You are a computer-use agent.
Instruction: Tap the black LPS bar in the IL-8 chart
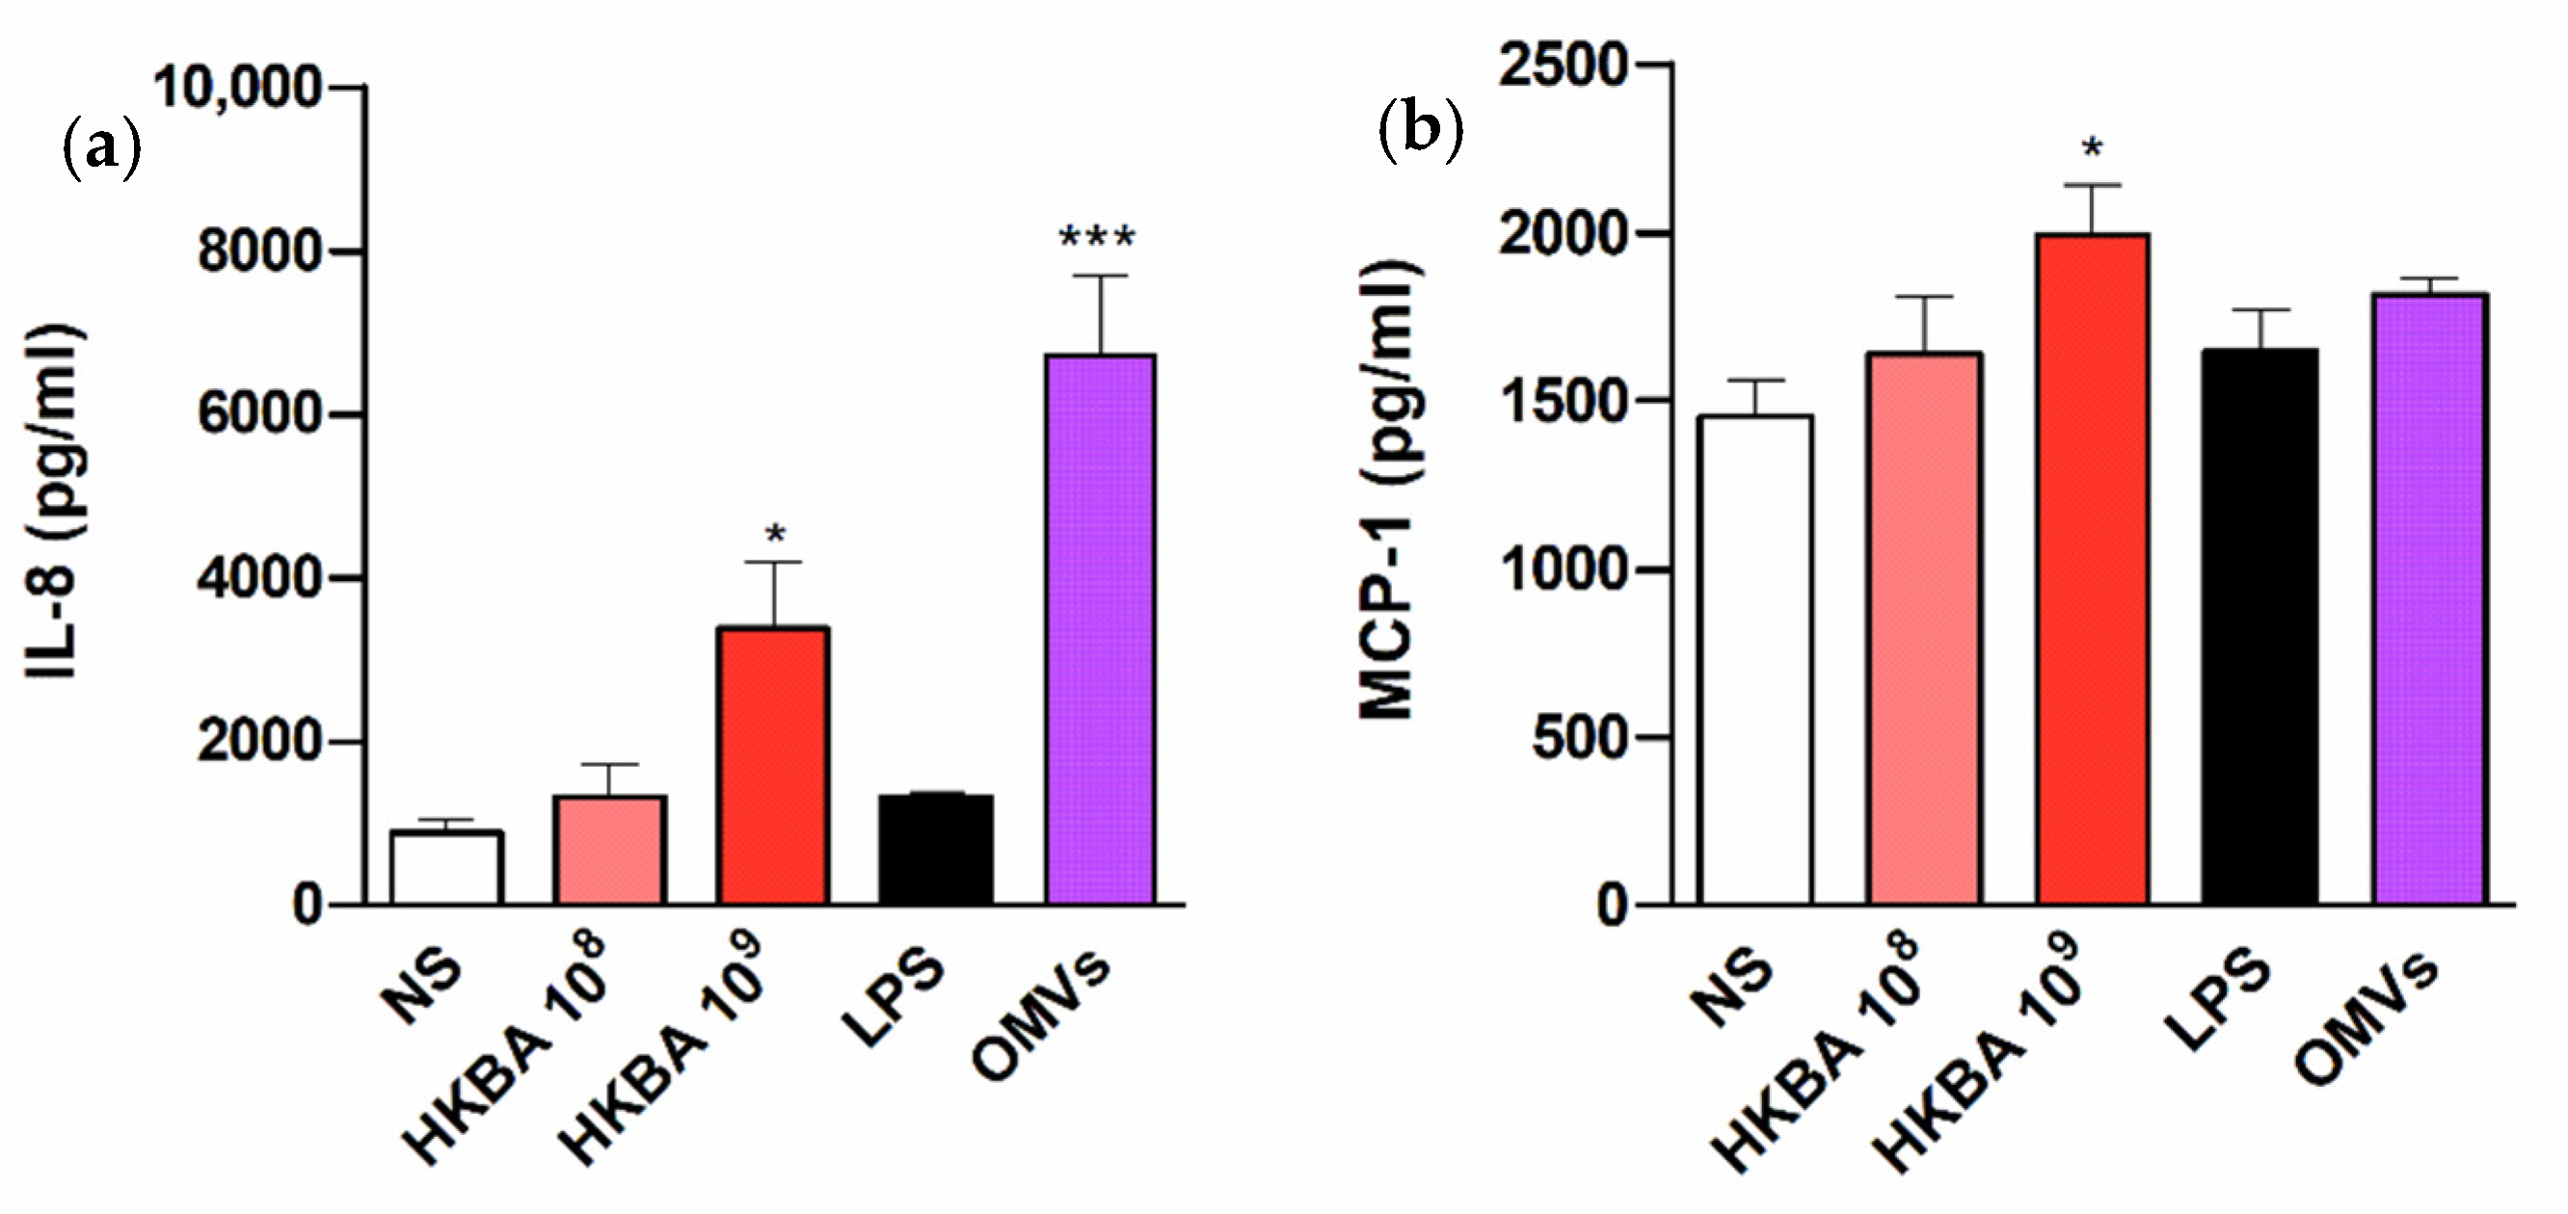935,849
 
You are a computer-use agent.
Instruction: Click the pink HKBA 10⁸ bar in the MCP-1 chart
1924,628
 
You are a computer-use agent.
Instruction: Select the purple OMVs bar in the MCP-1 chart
2430,598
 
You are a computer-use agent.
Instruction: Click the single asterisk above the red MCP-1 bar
2092,150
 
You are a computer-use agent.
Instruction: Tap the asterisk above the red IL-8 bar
775,537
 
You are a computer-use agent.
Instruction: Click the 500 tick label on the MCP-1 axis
1579,738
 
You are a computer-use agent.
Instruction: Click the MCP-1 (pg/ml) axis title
1391,488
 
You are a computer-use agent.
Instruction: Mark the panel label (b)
1421,129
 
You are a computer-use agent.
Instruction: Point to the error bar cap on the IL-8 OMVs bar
1101,277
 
